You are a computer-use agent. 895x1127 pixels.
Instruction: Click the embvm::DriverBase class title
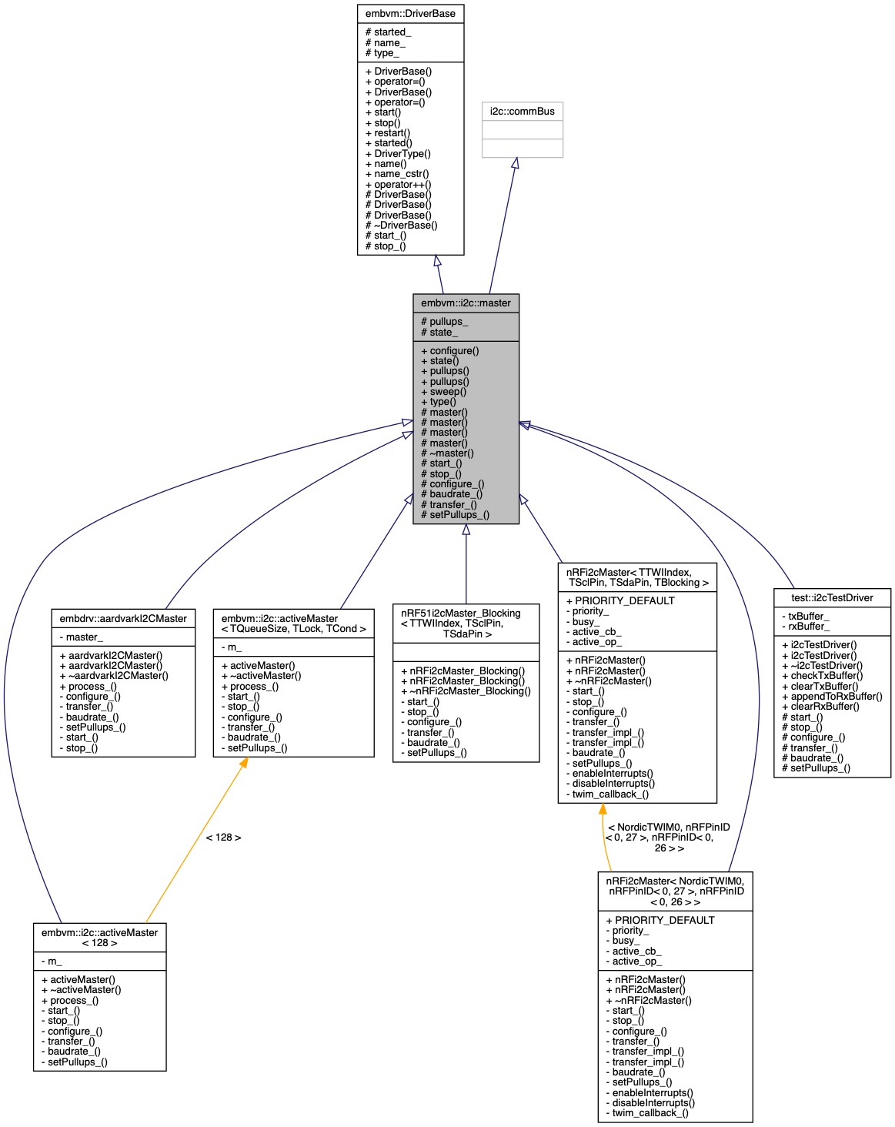(x=410, y=13)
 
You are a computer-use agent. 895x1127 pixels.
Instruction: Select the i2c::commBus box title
(x=522, y=111)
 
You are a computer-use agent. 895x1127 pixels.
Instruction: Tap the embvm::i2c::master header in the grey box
(x=466, y=303)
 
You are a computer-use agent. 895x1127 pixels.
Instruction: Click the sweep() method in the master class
(x=443, y=391)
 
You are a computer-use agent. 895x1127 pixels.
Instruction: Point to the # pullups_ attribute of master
(x=444, y=321)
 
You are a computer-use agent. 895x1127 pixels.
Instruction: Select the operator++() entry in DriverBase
(x=398, y=184)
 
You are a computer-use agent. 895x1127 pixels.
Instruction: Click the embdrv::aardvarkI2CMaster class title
(x=123, y=618)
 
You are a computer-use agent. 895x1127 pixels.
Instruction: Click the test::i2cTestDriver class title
(x=832, y=597)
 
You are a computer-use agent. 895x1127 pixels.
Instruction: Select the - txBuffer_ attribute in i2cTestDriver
(x=805, y=616)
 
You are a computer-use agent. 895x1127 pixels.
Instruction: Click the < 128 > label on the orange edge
(x=223, y=837)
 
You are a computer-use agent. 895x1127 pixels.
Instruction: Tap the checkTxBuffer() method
(x=822, y=675)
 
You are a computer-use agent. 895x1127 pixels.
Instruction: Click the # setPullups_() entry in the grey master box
(x=455, y=514)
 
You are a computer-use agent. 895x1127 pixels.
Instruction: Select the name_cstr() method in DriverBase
(x=397, y=173)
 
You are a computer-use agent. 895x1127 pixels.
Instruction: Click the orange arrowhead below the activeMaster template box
(x=242, y=763)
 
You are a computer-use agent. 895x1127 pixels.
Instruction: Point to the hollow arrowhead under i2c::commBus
(x=515, y=163)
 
